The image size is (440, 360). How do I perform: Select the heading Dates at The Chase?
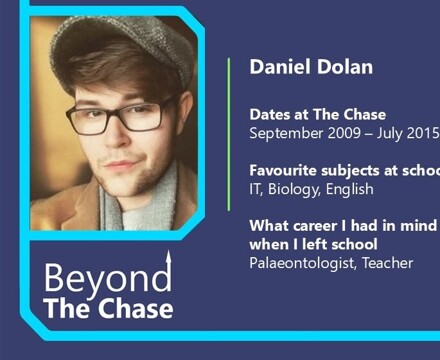(x=317, y=115)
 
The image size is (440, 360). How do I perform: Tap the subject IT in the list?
(x=256, y=189)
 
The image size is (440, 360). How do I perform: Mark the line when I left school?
(x=313, y=244)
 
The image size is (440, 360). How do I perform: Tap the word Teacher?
(x=389, y=263)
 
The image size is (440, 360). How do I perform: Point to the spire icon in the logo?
(x=169, y=268)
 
